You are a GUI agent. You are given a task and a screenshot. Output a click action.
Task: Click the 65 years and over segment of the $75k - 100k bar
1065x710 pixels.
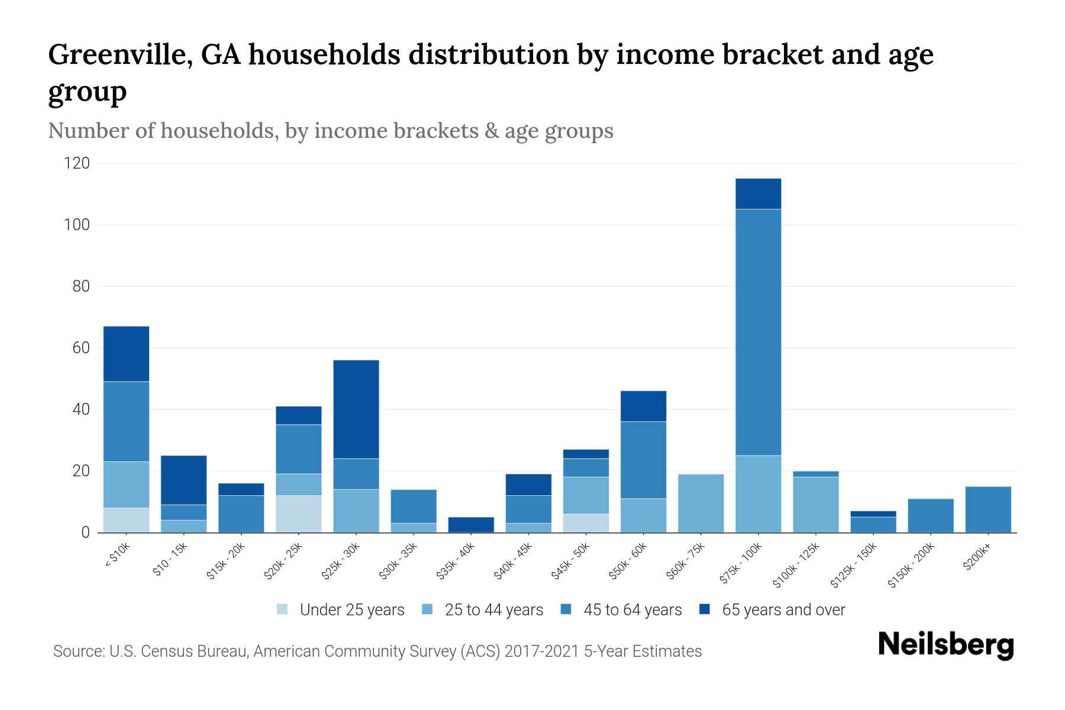click(x=758, y=193)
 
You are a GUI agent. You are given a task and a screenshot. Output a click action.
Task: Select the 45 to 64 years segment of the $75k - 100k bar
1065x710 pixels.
click(x=758, y=332)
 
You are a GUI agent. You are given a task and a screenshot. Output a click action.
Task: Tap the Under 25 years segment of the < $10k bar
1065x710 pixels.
click(x=126, y=520)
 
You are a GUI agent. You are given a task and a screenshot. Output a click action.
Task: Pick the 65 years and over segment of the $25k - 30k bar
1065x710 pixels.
click(x=356, y=409)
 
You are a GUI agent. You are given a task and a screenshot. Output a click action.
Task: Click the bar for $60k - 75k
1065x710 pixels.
click(x=701, y=503)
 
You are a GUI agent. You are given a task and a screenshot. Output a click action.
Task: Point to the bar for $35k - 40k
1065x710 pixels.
click(x=471, y=525)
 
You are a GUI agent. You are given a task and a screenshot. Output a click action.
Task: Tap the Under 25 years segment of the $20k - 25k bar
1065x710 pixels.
click(x=299, y=514)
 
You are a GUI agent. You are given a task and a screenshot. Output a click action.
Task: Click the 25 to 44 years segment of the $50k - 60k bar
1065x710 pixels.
click(x=643, y=515)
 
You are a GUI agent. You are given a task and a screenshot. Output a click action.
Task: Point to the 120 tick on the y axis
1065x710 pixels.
click(x=77, y=163)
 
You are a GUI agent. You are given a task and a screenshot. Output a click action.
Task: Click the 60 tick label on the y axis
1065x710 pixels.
click(x=81, y=348)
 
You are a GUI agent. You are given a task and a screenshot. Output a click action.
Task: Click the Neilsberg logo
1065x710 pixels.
click(x=945, y=645)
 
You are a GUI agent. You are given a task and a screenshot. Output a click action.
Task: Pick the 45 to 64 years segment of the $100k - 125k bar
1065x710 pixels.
click(x=815, y=474)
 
